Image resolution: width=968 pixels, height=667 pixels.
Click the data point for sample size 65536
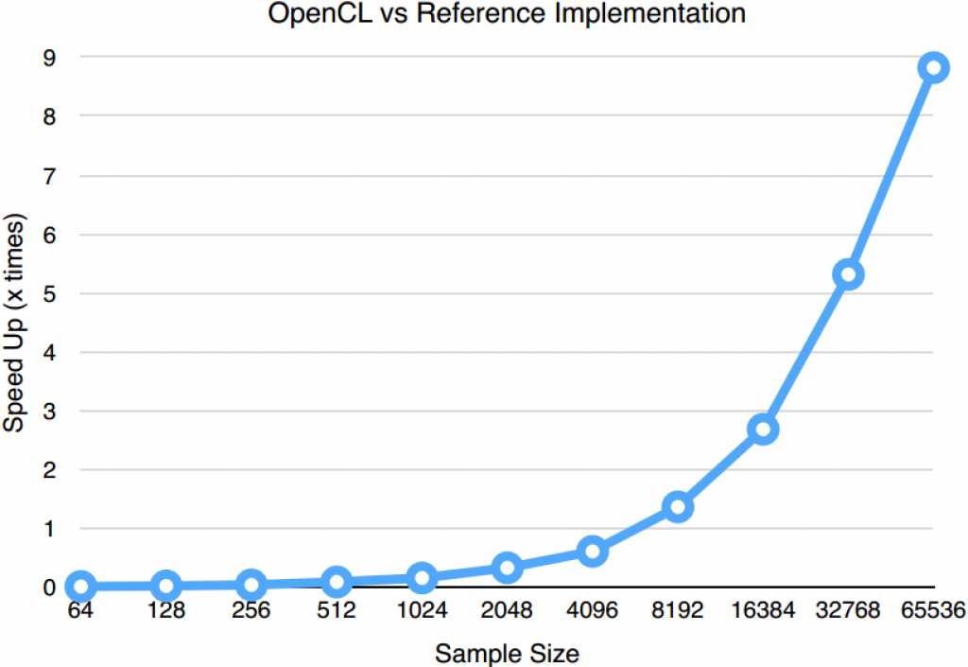(934, 68)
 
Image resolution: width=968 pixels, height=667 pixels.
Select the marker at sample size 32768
(849, 275)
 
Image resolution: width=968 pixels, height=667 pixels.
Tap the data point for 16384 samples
(764, 430)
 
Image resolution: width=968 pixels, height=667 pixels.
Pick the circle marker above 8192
(678, 507)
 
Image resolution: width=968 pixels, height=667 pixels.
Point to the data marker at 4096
(593, 552)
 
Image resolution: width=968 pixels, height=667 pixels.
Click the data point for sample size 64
(81, 587)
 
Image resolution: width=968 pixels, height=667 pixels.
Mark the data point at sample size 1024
(422, 577)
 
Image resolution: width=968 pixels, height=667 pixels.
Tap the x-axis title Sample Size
(507, 653)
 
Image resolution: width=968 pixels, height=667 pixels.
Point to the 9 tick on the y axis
(48, 57)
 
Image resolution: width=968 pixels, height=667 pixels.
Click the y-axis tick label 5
(48, 292)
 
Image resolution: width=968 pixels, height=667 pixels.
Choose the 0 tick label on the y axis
(48, 588)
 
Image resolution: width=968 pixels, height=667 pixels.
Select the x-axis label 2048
(507, 610)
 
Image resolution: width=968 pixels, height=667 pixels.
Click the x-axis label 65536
(933, 610)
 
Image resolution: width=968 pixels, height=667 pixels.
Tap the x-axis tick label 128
(166, 610)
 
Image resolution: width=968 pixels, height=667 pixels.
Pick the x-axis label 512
(337, 610)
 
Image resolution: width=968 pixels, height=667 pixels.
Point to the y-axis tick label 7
(48, 175)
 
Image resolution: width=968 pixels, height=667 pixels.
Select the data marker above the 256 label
(251, 585)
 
